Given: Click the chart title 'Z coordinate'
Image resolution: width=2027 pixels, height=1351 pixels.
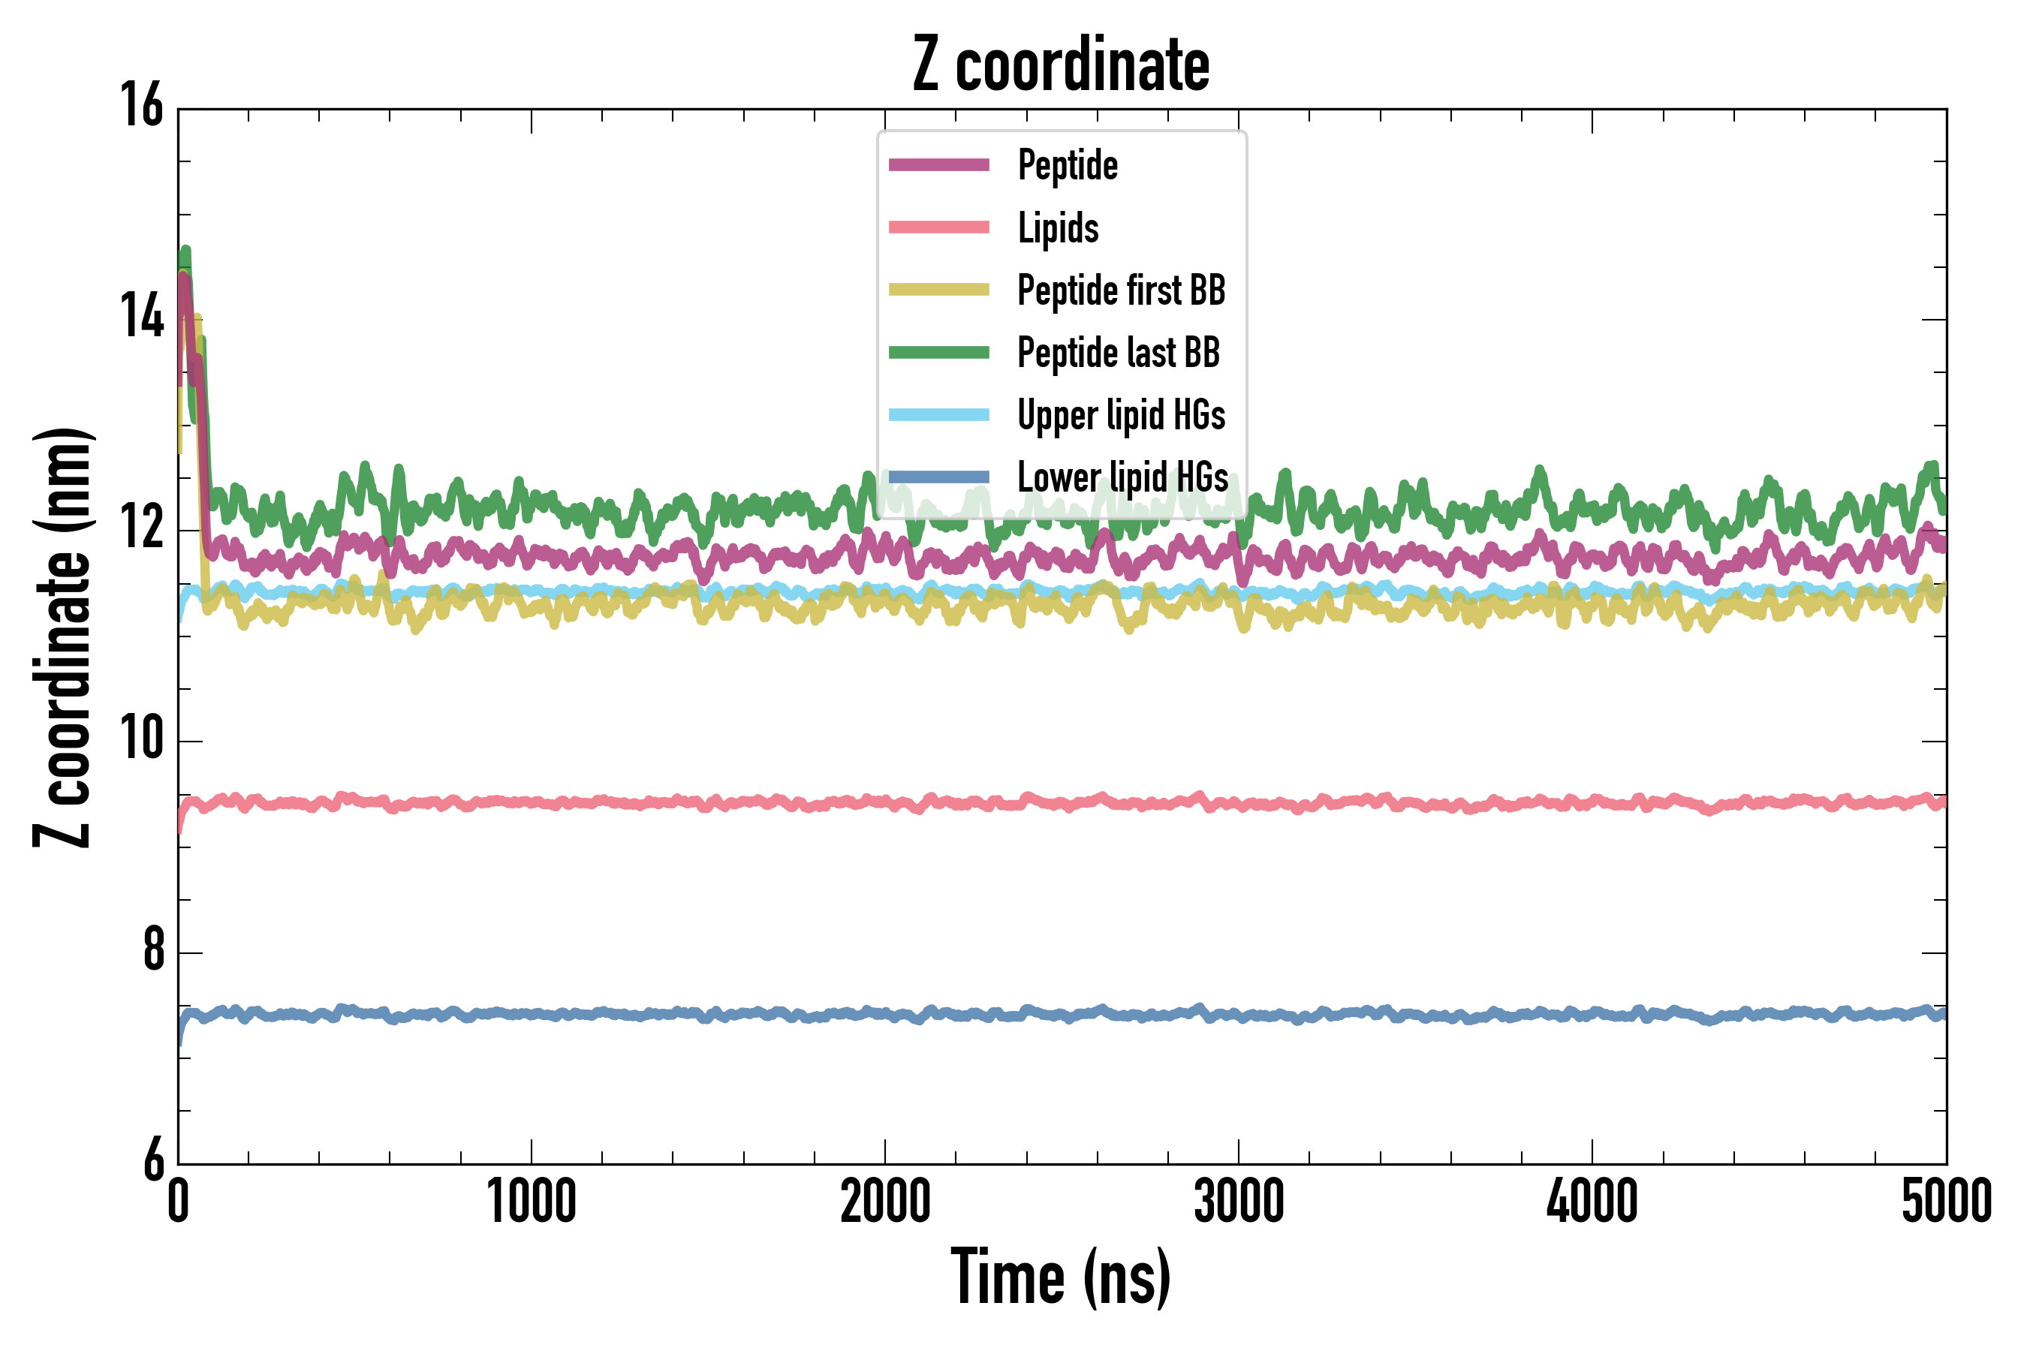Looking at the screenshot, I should pos(1061,65).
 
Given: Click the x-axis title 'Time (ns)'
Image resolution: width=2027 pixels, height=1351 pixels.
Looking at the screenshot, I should pos(1061,1277).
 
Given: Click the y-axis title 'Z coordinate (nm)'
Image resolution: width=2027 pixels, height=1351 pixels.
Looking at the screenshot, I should pos(62,636).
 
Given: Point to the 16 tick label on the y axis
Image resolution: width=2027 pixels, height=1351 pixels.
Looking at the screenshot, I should pos(141,105).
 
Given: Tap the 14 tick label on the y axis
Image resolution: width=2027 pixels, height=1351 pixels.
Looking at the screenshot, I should pos(141,316).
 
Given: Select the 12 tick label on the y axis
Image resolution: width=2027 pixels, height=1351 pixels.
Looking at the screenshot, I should pos(141,528).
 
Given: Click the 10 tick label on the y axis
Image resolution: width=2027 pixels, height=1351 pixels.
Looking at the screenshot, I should pos(141,739).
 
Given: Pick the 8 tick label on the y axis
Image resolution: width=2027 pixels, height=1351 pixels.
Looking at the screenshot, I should pos(153,949).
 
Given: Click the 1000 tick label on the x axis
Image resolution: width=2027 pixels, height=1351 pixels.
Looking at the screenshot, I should pos(531,1202).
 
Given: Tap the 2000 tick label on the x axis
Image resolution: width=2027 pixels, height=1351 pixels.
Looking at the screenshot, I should pos(885,1202).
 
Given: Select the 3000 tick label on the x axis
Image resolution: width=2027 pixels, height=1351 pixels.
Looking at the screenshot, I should pos(1239,1202).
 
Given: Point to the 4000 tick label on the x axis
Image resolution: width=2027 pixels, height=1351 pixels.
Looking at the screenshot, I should pos(1592,1202).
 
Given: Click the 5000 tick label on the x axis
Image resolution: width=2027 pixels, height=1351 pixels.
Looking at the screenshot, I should pos(1946,1202).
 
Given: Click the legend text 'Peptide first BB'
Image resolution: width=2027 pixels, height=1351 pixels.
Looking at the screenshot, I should pos(1120,290).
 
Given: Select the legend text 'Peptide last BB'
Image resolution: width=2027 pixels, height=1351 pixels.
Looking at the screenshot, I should pos(1118,353).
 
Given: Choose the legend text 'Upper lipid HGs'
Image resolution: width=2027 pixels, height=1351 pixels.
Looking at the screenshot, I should pos(1120,415).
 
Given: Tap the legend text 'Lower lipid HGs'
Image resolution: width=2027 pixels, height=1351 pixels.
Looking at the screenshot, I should pos(1122,477).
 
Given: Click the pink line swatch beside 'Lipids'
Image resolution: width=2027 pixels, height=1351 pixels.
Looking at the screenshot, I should pos(938,227).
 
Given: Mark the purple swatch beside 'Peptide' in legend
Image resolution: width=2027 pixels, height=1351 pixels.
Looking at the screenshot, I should pos(938,164).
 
